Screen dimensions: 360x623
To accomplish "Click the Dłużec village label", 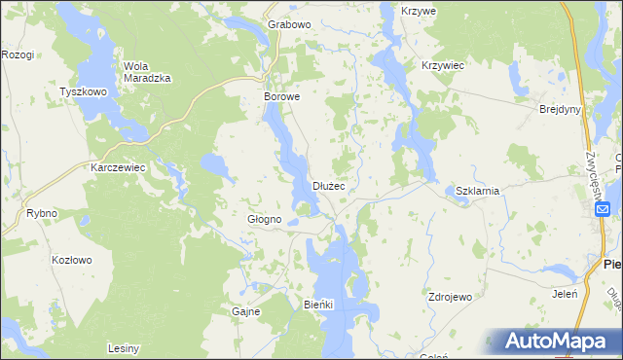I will tap(328, 186).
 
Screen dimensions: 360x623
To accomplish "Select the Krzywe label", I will tap(420, 10).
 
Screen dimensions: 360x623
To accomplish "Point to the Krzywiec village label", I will tap(442, 65).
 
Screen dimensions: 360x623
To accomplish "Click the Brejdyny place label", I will tap(560, 109).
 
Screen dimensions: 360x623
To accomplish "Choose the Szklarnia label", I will tap(477, 191).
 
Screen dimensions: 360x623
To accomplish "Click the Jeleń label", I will tap(566, 293).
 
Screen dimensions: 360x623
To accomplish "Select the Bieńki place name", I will tap(318, 305).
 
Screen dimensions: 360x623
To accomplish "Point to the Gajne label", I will tap(244, 311).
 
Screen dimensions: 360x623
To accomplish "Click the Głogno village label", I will tap(264, 220).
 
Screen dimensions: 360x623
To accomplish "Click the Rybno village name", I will tap(42, 213).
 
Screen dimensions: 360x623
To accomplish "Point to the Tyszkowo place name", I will tap(83, 91).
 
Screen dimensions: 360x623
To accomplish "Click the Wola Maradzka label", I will tap(148, 72).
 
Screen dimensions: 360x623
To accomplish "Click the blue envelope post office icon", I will tap(603, 209).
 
